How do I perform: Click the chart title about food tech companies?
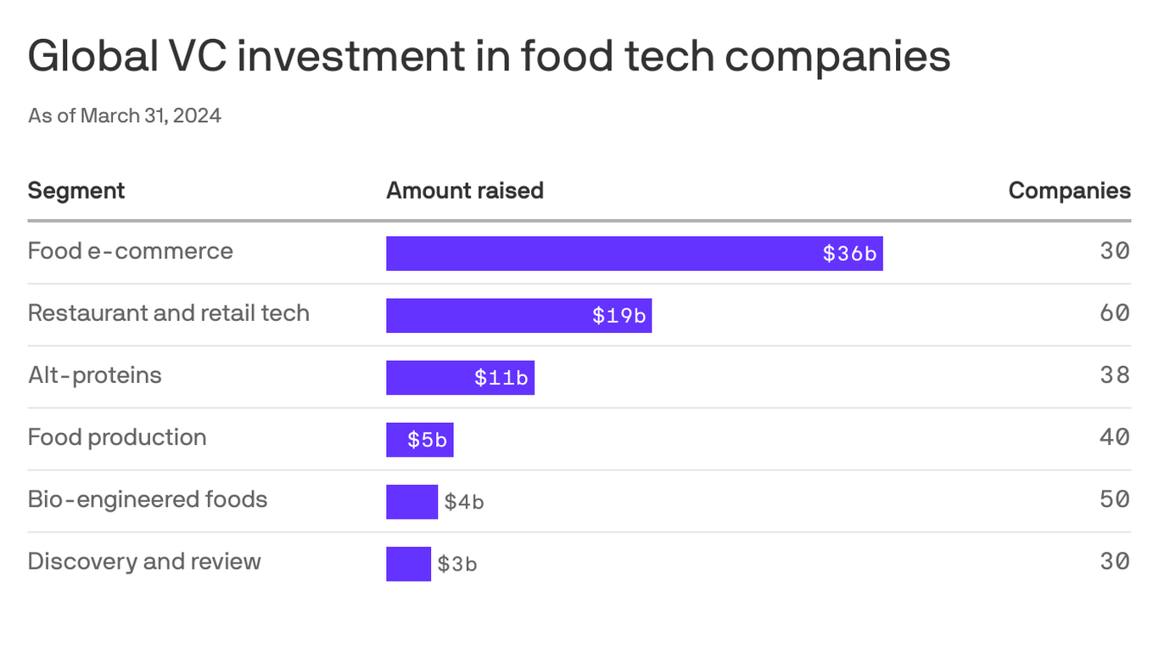click(x=489, y=57)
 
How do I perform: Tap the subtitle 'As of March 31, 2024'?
click(x=124, y=115)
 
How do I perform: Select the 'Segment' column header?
click(x=76, y=190)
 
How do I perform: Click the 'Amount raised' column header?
click(x=464, y=190)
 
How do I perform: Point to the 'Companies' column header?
click(x=1068, y=190)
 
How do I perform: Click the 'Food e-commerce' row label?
click(x=130, y=251)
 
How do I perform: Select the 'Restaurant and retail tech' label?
click(x=168, y=313)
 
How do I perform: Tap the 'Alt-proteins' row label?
click(x=94, y=375)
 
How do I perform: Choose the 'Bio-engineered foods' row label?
click(x=147, y=499)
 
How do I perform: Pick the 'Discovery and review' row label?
click(x=143, y=561)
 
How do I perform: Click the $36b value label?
click(x=848, y=254)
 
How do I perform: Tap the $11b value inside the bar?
click(x=501, y=378)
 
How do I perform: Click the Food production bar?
click(x=419, y=440)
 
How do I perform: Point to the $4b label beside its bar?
click(x=463, y=502)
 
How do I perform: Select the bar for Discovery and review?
click(x=408, y=564)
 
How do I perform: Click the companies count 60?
click(x=1114, y=313)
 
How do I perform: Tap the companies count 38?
click(x=1114, y=375)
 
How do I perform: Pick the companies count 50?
click(x=1114, y=499)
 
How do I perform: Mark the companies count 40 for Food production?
click(x=1114, y=437)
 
